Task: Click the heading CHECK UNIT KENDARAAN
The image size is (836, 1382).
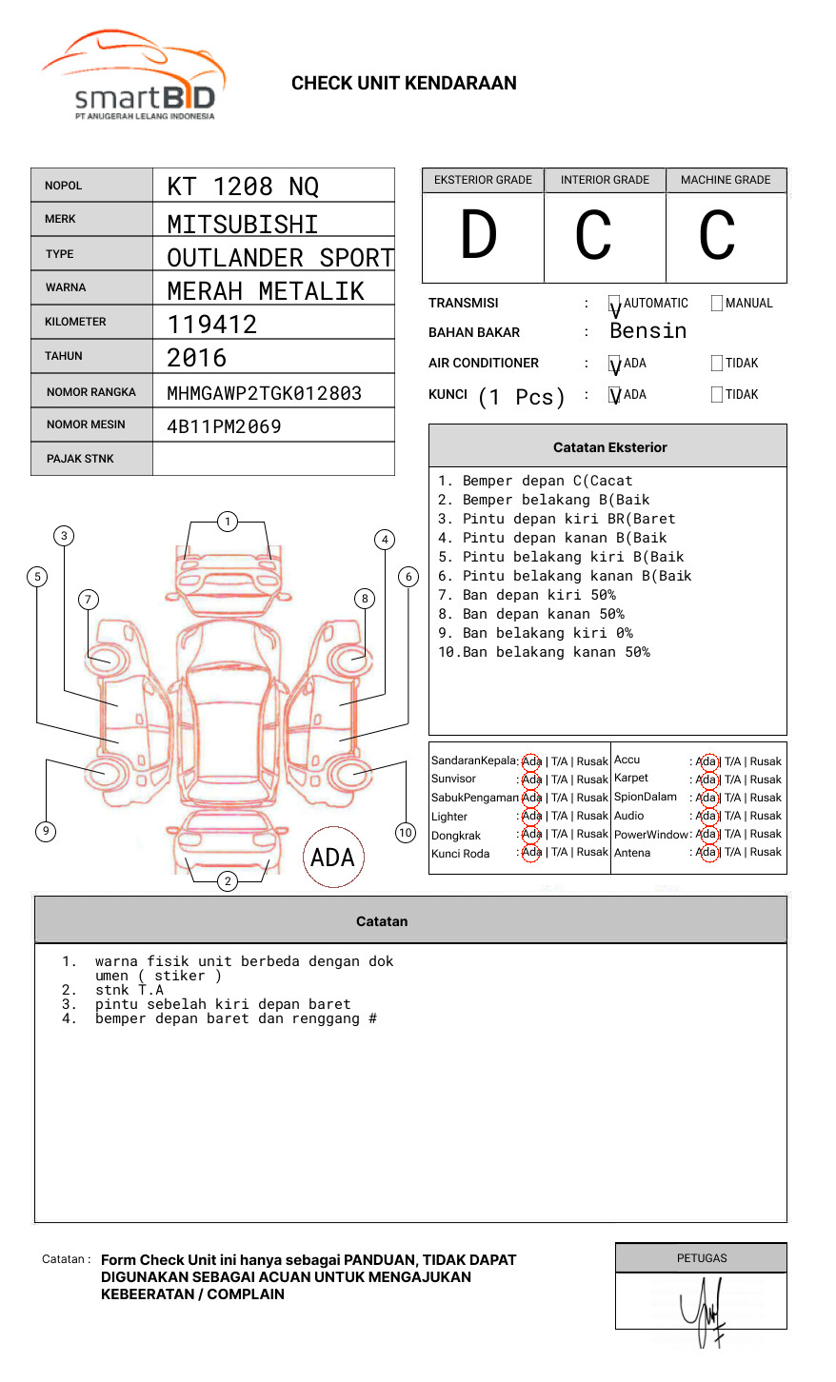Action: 404,84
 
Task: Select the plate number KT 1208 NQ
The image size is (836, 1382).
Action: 243,187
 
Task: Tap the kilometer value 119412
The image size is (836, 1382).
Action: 212,325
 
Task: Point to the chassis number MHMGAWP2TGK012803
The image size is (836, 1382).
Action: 264,393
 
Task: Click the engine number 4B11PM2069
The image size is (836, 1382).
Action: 224,426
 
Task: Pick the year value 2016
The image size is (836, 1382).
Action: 197,358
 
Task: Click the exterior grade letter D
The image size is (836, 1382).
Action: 479,235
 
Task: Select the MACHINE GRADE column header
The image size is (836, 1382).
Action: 726,180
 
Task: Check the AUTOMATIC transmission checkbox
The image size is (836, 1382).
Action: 615,305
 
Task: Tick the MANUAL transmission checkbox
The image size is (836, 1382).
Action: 717,304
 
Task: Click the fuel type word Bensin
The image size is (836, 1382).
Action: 647,331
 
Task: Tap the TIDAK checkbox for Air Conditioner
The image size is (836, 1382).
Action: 717,364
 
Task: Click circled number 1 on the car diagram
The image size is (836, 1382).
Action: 227,522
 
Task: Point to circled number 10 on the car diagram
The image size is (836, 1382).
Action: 406,833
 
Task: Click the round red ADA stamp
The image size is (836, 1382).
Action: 332,857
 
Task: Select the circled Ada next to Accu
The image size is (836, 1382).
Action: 707,761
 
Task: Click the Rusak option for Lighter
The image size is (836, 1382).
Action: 592,816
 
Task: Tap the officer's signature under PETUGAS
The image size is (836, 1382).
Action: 703,1312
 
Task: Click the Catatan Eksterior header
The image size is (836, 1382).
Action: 609,447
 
